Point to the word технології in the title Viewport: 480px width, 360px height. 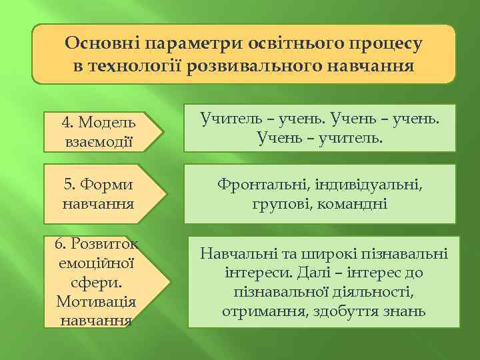139,67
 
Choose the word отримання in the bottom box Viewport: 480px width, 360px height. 261,311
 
